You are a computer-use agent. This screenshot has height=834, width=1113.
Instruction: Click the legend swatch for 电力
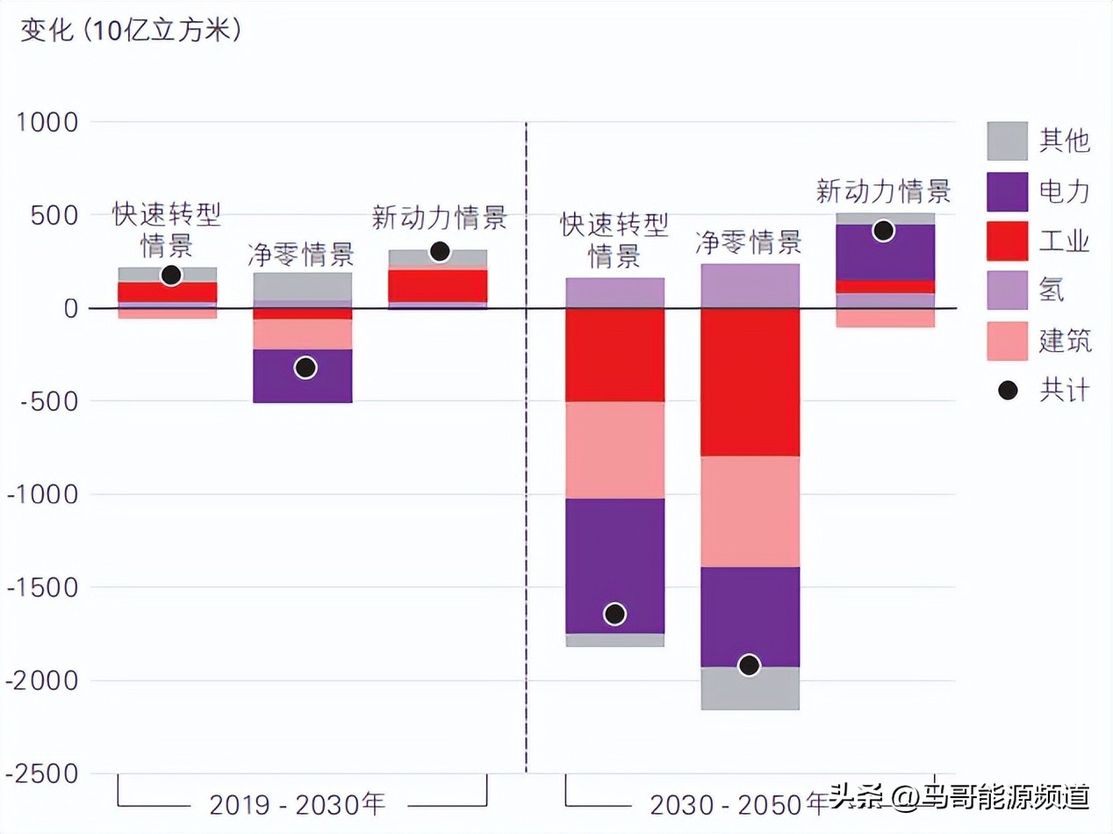[1007, 191]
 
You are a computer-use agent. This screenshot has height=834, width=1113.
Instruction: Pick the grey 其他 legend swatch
[1007, 140]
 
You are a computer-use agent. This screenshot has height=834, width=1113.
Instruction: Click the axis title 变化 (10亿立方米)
[132, 30]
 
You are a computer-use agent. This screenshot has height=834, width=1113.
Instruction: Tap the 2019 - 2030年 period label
[298, 803]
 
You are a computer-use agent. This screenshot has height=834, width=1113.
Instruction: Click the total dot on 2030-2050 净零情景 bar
[749, 665]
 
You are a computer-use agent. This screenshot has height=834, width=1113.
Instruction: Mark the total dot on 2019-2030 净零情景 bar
[305, 368]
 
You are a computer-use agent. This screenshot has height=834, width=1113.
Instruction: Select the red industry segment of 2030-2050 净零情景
[750, 382]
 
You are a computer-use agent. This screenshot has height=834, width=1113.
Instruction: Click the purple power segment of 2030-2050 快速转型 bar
[614, 565]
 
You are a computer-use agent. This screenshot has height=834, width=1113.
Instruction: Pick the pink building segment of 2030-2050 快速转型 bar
[614, 449]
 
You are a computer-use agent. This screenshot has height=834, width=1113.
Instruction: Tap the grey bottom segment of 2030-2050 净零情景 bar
[750, 688]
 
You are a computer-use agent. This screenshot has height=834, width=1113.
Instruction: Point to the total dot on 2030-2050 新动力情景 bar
[884, 231]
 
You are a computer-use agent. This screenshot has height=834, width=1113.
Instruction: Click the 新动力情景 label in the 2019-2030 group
[439, 217]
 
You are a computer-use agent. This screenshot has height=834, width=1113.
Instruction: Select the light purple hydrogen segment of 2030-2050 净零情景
[750, 285]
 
